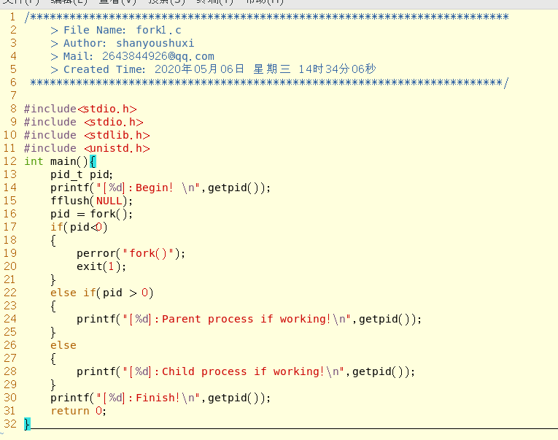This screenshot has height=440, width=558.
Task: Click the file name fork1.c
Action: pos(158,30)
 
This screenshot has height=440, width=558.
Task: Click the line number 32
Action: pos(10,424)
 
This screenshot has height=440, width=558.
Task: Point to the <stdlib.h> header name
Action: pos(117,135)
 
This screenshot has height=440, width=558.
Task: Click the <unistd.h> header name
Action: pos(117,148)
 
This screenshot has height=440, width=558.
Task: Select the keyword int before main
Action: pos(34,161)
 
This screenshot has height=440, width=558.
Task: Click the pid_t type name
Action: pos(66,174)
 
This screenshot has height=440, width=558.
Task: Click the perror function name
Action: pos(96,253)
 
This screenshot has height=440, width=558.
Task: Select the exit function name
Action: pos(89,266)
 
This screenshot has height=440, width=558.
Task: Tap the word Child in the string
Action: pos(178,371)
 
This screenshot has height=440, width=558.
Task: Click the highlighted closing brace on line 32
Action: pos(28,424)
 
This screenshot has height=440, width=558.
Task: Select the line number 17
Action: pos(10,227)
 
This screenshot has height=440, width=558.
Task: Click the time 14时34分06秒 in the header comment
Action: pos(337,69)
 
